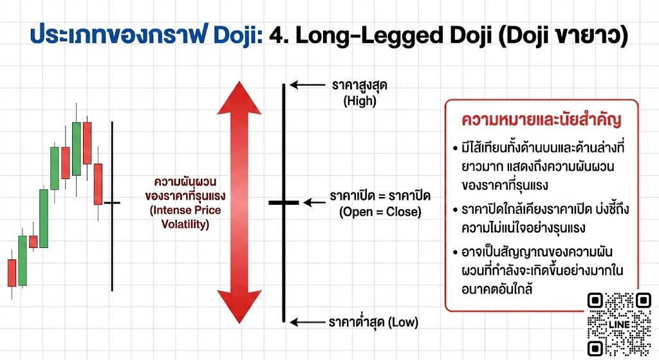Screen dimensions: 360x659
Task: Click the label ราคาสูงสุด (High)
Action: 360,93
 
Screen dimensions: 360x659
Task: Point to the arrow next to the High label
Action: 308,84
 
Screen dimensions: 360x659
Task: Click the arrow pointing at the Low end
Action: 308,321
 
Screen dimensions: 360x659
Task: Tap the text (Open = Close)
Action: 380,212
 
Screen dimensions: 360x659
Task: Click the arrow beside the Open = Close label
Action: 315,202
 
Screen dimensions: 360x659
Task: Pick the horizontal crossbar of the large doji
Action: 283,202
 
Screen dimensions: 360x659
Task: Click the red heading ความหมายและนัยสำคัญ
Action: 541,121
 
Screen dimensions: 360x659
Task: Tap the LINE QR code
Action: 620,324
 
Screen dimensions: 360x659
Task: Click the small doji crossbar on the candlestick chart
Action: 112,203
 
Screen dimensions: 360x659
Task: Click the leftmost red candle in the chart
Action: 11,272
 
